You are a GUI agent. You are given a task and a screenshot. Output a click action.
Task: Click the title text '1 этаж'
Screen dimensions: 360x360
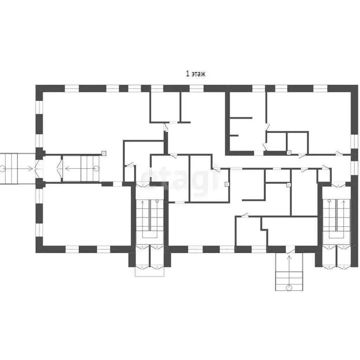(x=196, y=74)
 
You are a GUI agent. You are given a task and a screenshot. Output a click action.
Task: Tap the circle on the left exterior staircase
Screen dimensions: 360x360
(x=4, y=168)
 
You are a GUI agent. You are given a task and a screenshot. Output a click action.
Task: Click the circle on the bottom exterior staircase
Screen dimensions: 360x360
(x=289, y=286)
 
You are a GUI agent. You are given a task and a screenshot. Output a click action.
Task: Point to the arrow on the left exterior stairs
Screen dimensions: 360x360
(x=23, y=168)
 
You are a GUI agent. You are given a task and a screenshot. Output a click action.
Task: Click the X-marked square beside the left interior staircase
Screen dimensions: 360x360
(x=104, y=153)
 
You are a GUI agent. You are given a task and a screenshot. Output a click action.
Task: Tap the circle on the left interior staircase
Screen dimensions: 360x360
(x=97, y=168)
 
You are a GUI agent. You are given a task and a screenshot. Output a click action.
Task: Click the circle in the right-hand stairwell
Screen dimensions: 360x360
(x=329, y=201)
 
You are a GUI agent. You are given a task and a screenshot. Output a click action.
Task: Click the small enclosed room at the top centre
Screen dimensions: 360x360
(x=165, y=107)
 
